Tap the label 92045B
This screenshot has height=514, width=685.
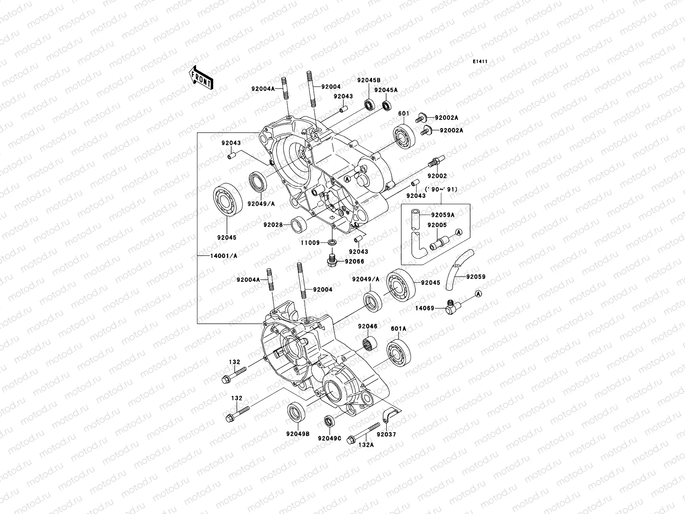tap(369, 80)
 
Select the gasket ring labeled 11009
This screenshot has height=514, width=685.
tap(332, 243)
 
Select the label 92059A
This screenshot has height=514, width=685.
tap(443, 215)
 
